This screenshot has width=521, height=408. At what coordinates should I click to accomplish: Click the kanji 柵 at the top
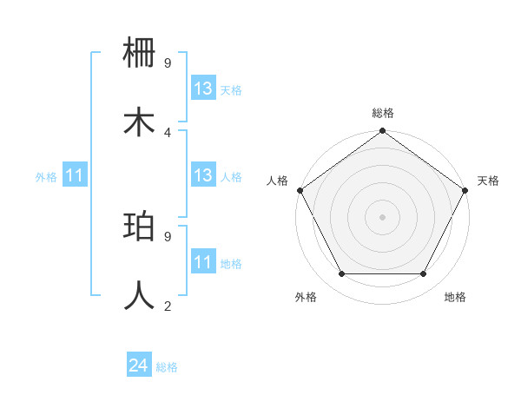pos(140,54)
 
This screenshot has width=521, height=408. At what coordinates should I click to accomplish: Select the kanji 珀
pos(140,227)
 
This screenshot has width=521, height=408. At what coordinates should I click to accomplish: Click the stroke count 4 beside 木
pos(168,132)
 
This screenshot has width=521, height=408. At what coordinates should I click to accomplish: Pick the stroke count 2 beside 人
pos(168,305)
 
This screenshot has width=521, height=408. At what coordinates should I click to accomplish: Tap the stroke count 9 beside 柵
pos(168,63)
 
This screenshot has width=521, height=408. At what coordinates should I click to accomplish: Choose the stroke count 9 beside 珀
pos(168,235)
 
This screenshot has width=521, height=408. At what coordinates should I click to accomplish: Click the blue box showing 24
pos(138,366)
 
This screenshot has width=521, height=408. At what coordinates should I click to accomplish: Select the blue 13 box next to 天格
pos(202,89)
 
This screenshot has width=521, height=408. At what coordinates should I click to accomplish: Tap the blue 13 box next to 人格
pos(202,175)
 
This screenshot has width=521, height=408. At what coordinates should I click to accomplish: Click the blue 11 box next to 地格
pos(202,261)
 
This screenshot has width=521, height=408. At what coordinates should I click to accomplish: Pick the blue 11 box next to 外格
pos(74,175)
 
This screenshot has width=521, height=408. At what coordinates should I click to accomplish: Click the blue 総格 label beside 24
pos(168,367)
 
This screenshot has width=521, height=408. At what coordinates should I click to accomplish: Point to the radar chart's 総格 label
pos(383,113)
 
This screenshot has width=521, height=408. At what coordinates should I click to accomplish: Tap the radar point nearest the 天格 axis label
pos(466,190)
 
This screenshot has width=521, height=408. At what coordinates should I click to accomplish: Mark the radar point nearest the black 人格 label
pos(300,190)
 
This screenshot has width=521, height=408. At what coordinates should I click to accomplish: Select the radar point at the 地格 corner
pos(424,274)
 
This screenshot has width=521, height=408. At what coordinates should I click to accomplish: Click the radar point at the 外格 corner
pos(341,274)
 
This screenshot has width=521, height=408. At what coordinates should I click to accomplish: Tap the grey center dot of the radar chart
pos(383,217)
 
